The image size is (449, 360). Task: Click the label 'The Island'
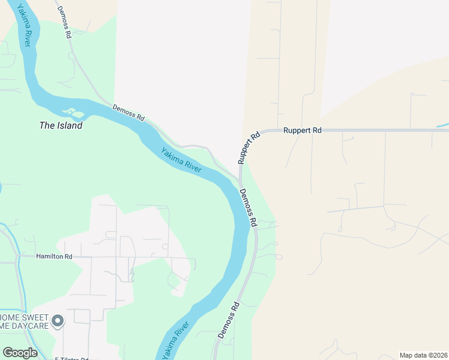[61, 126]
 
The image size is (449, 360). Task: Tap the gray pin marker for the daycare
[58, 322]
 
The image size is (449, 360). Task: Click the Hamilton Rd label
[54, 256]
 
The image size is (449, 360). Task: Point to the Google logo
[20, 353]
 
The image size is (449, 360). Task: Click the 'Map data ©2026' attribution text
[423, 355]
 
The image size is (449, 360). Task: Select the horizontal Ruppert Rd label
[303, 130]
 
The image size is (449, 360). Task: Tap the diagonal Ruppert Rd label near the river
[249, 148]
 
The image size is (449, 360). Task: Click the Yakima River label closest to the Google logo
[174, 341]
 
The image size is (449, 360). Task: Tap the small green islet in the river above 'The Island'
[72, 112]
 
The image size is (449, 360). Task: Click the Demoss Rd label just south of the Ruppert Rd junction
[249, 207]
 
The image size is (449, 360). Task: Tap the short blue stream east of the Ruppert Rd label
[442, 125]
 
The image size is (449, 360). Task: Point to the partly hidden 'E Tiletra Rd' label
[71, 358]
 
